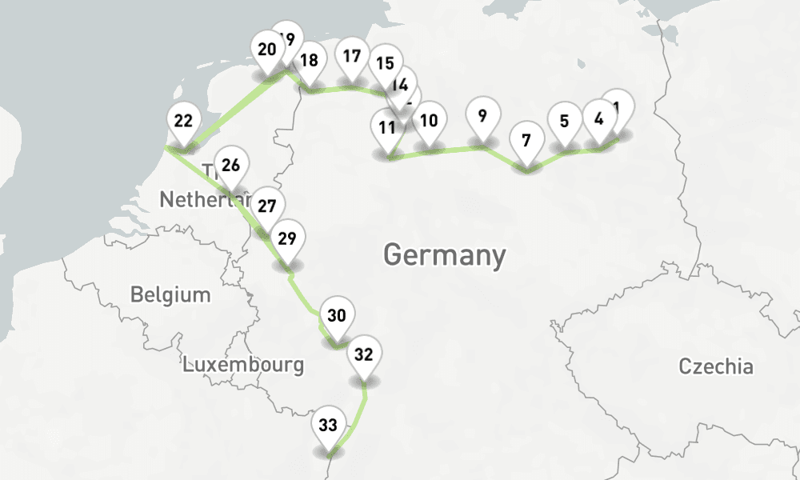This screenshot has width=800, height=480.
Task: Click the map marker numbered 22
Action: coord(183,122)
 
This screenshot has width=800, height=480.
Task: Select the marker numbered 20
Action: coord(267,50)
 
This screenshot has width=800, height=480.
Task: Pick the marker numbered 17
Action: coord(351,57)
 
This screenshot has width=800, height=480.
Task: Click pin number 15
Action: coord(385,64)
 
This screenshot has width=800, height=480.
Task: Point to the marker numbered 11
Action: coord(387,128)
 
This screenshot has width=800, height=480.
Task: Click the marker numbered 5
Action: coord(565,122)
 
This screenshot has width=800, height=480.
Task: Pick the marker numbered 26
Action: coord(230,166)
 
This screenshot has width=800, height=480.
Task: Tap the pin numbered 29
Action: coord(287,238)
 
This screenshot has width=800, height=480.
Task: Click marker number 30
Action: coord(337,316)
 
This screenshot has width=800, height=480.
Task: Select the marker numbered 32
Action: coord(364,355)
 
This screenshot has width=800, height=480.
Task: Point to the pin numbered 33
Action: coord(328,426)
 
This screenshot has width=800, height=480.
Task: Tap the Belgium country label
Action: coord(170,294)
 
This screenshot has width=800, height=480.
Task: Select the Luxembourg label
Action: coord(243,365)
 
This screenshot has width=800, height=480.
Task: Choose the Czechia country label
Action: coord(715,366)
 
